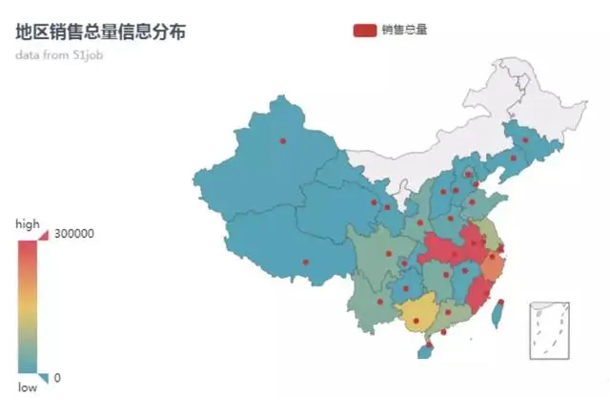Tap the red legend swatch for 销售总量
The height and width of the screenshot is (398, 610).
pos(365,30)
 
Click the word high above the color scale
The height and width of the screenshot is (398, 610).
pos(28,223)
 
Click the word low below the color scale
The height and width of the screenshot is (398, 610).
pos(28,387)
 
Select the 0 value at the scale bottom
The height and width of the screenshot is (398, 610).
pos(57,378)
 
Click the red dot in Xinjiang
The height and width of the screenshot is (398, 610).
pos(282,141)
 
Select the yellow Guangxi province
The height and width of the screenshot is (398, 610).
pos(417,313)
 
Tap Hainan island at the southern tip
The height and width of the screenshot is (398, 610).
pos(426,350)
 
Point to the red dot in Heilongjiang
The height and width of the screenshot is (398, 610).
pos(524,139)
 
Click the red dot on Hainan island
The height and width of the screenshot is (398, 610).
pos(429,345)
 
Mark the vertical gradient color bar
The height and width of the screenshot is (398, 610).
pos(28,305)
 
